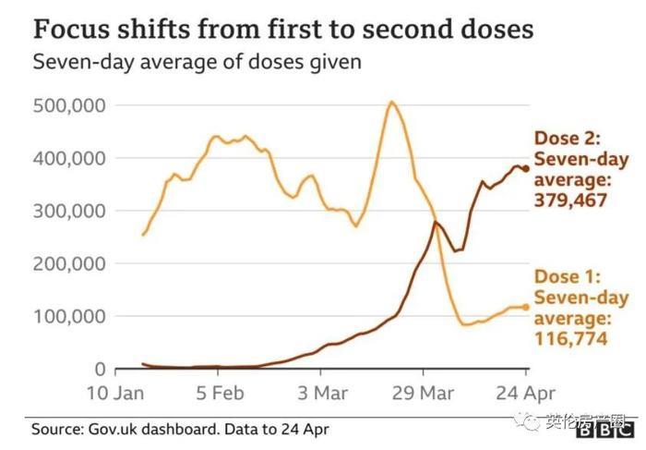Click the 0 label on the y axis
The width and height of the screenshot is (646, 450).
(104, 369)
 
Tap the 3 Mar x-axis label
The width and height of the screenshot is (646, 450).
(324, 393)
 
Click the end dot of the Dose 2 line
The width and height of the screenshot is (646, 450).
(526, 168)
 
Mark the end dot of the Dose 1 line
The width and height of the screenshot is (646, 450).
(526, 307)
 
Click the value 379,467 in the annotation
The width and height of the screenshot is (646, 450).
(569, 199)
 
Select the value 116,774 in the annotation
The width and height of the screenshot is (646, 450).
(569, 339)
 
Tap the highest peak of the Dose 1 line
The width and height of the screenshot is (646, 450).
(392, 102)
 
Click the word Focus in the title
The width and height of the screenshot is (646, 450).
(71, 30)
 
